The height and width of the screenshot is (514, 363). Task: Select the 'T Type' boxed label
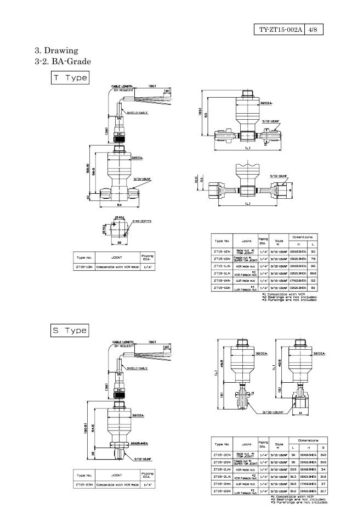click(69, 78)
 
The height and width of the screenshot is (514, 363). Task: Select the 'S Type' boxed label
click(69, 331)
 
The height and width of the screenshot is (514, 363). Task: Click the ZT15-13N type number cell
click(84, 267)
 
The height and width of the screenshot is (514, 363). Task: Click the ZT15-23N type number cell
click(84, 485)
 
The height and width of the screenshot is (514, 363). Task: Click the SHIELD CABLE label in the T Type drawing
click(137, 113)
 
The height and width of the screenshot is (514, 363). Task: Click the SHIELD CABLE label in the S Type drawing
click(137, 368)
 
